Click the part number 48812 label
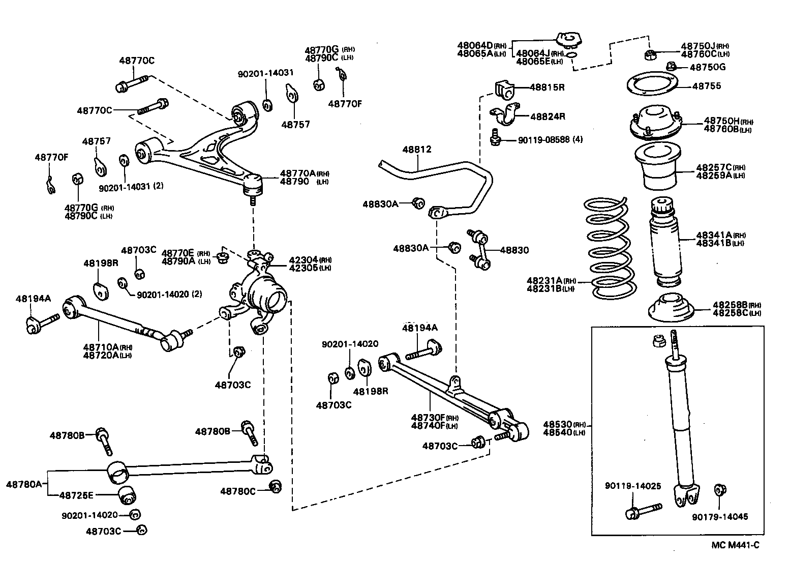click(x=417, y=150)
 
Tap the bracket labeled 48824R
click(x=503, y=116)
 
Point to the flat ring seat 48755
click(x=652, y=85)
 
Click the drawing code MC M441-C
click(x=735, y=545)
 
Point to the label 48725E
click(x=76, y=494)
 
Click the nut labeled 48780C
click(x=275, y=486)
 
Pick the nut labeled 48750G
click(x=671, y=66)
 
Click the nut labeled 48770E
click(x=222, y=258)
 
